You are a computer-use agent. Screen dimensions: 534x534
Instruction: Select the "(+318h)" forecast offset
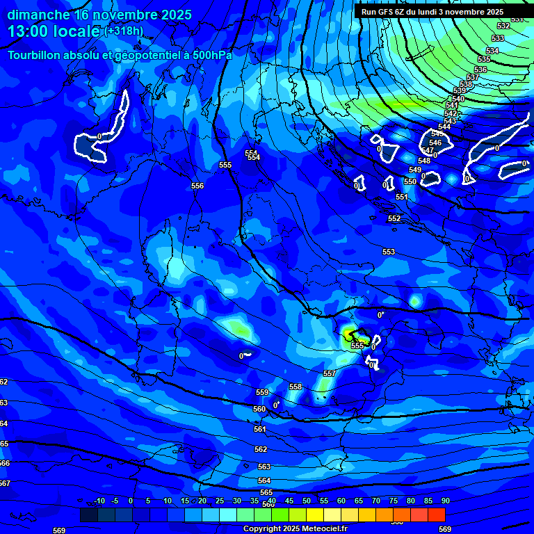pos(124,31)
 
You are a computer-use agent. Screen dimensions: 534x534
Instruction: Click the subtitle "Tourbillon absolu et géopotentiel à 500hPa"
pos(120,55)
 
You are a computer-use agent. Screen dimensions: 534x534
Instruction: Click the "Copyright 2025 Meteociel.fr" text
pos(296,529)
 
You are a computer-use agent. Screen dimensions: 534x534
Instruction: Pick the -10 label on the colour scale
pos(99,501)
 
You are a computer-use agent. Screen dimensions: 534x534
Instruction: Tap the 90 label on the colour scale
pos(445,501)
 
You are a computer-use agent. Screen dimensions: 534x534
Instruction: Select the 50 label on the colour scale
pos(306,501)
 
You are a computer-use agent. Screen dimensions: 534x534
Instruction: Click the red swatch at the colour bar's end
pos(436,515)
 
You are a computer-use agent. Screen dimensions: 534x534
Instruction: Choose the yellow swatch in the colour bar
pos(314,515)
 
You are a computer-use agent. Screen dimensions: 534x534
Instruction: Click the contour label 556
pos(197,186)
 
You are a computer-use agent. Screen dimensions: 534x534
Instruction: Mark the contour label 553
pos(389,252)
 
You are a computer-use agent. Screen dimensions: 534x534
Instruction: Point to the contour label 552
pos(394,218)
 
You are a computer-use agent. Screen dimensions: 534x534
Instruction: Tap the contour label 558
pos(296,387)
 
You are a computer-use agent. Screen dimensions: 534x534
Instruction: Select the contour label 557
pos(330,373)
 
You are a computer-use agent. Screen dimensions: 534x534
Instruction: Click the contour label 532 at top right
pos(503,26)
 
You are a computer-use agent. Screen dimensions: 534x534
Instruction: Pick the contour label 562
pos(261,449)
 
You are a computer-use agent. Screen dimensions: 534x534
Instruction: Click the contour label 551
pos(402,197)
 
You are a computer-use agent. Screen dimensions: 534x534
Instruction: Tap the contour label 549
pos(415,170)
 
